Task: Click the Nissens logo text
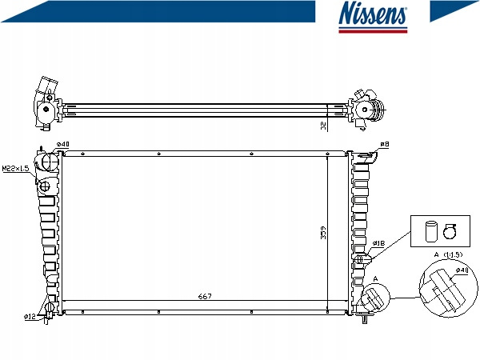374,15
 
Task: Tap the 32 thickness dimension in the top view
323,126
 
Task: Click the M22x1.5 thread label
14,169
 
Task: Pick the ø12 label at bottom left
29,317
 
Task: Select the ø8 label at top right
385,144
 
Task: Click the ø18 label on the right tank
378,243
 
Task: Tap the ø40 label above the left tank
63,145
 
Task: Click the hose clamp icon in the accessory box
450,232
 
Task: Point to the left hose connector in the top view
44,103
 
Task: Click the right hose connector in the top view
369,109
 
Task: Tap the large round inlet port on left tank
50,164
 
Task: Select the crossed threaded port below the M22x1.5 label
45,186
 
